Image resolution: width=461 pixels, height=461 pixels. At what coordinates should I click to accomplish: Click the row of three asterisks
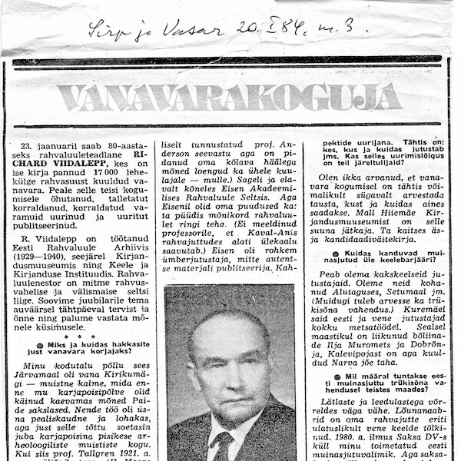(x=81, y=336)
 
